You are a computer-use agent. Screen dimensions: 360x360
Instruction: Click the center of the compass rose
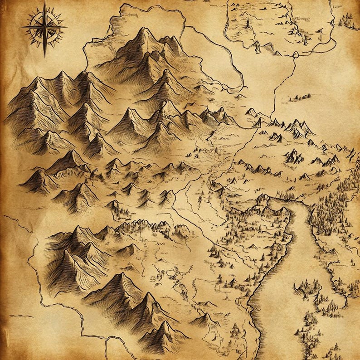[x=44, y=28]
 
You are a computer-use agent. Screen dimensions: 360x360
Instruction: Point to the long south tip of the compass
[x=44, y=56]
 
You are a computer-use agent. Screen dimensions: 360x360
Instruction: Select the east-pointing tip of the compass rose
[x=66, y=27]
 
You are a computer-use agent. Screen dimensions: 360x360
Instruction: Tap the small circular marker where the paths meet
[x=295, y=55]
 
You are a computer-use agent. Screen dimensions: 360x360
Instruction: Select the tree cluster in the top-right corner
[x=347, y=19]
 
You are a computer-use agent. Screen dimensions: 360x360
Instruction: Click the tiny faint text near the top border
[x=132, y=15]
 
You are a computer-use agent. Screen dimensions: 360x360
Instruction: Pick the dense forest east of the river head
[x=333, y=213]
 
